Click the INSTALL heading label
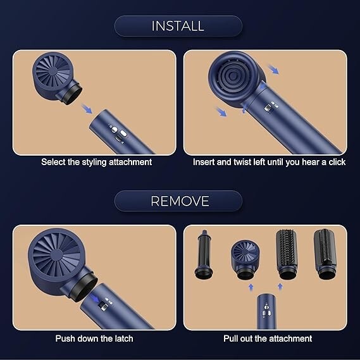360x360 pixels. (178, 26)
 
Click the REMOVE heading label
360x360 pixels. (179, 201)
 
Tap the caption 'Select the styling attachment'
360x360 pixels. (97, 162)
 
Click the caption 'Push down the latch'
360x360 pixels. (94, 338)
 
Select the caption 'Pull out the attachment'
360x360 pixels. (268, 338)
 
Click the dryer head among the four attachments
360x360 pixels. (245, 256)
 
